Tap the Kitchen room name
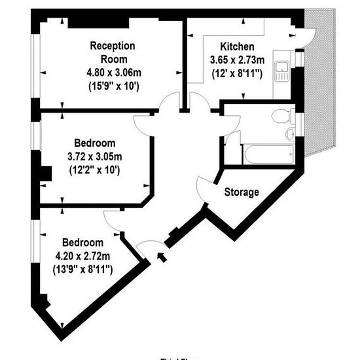click(236, 46)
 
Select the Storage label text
click(242, 192)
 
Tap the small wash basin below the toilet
click(291, 135)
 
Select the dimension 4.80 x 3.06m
click(113, 71)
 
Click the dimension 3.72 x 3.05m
click(95, 157)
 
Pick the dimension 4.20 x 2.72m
click(82, 255)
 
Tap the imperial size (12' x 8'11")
click(236, 73)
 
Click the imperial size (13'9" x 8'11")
click(82, 268)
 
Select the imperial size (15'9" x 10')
click(113, 84)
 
